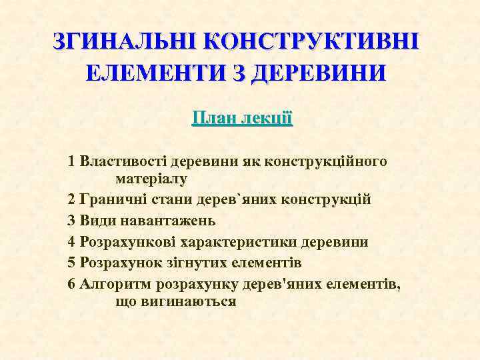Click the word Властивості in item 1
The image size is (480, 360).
pos(123,162)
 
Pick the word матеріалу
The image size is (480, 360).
pos(151,179)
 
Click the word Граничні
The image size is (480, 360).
pos(110,199)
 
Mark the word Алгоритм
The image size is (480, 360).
pos(115,284)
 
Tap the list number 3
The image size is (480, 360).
pos(71,220)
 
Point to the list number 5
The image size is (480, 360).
pos(71,261)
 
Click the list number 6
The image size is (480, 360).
pos(71,284)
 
